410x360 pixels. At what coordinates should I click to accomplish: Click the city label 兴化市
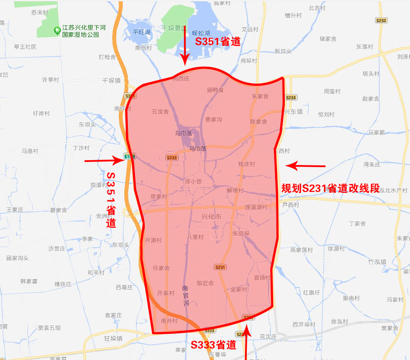[x=211, y=216]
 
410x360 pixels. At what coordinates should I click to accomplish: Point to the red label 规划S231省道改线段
[x=331, y=188]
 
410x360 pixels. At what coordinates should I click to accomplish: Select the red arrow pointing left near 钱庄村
[x=305, y=166]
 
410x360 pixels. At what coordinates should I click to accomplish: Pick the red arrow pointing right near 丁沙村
[x=104, y=161]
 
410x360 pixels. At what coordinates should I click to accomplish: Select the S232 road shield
[x=381, y=20]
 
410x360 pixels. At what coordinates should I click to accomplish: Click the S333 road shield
[x=209, y=330]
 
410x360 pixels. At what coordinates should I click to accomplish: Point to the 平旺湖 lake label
[x=142, y=32]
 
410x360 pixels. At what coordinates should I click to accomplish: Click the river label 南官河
[x=185, y=296]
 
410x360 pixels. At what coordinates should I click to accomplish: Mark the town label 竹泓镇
[x=377, y=261]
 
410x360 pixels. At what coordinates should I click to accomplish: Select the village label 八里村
[x=195, y=237]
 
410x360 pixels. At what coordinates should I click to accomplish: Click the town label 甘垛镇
[x=113, y=338]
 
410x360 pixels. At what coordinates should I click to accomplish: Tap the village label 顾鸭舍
[x=215, y=90]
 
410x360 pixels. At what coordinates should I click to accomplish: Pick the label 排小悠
[x=193, y=181]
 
